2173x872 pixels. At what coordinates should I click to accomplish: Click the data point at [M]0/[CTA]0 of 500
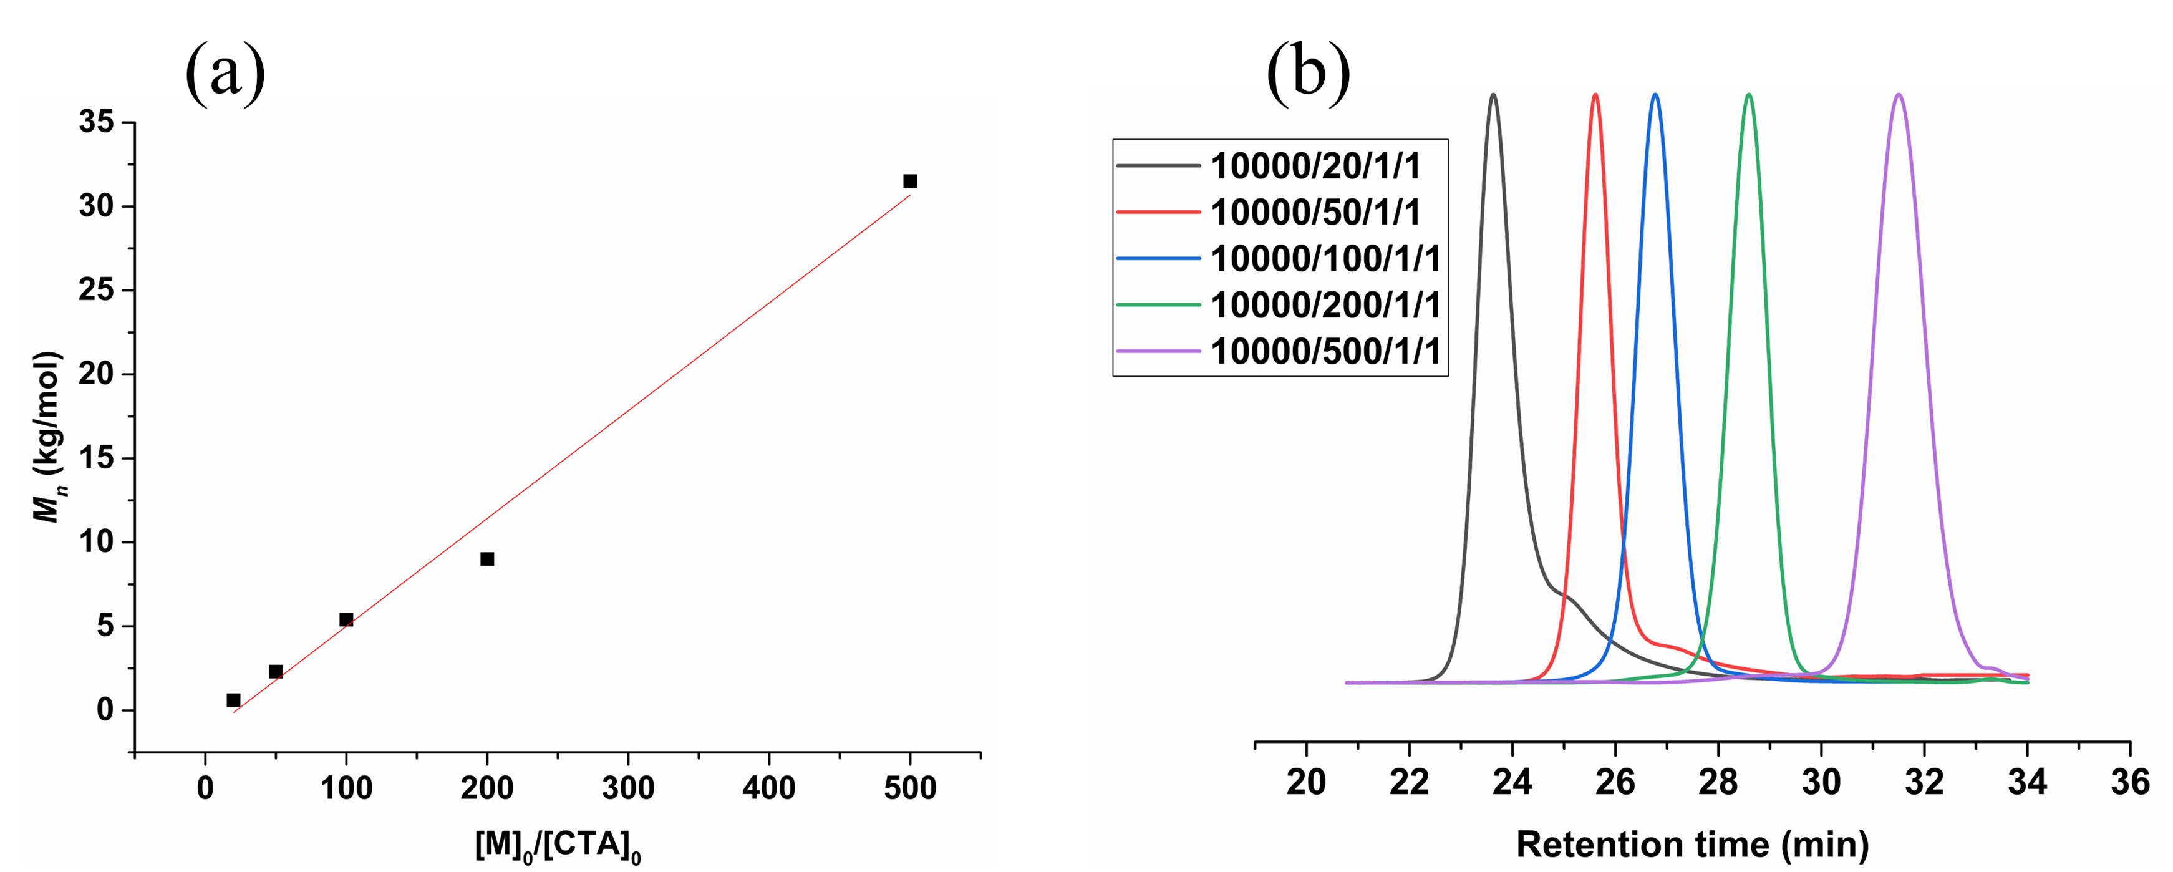pos(909,182)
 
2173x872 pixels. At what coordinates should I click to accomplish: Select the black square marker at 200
pos(486,559)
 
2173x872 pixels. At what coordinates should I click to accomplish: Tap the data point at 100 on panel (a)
pos(346,620)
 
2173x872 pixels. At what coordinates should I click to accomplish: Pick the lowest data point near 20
pos(234,700)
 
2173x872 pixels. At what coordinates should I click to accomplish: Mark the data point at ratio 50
pos(276,671)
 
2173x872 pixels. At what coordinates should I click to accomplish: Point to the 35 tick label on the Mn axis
pos(96,123)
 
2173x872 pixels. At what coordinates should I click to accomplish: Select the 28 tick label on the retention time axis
pos(1718,783)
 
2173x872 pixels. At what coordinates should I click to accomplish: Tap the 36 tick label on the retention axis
pos(2130,783)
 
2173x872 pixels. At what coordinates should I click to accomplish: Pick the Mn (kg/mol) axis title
pos(49,437)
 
